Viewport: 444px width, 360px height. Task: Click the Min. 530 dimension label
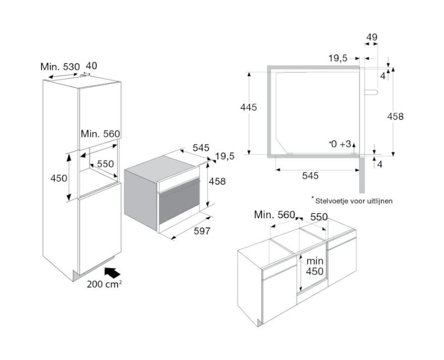[60, 67]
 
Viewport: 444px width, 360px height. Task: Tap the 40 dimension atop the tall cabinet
[91, 66]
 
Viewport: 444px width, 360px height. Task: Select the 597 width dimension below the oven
[200, 231]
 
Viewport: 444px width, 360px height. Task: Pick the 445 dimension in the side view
[249, 107]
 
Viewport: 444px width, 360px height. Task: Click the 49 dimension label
[371, 37]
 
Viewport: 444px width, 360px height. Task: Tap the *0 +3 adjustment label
[340, 144]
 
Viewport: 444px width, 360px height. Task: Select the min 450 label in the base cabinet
[315, 266]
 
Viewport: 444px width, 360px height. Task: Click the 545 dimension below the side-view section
[311, 175]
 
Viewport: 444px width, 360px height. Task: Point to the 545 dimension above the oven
[201, 148]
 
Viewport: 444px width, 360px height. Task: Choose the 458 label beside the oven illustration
[217, 182]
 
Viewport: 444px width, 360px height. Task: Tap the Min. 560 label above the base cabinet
[274, 215]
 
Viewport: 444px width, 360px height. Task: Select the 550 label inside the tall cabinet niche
[105, 164]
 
